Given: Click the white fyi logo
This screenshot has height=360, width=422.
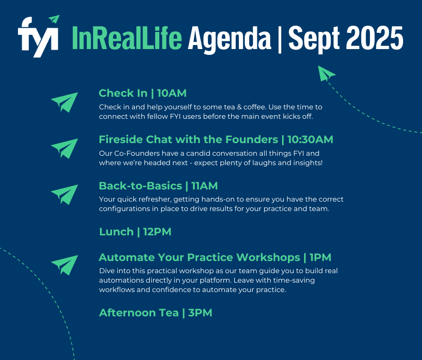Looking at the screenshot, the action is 38,36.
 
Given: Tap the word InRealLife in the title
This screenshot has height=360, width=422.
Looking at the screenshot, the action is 127,38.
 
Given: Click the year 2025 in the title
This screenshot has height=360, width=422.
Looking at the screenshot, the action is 374,38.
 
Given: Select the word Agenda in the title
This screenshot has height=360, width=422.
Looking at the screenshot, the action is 229,39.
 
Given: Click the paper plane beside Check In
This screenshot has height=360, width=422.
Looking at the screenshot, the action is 65,102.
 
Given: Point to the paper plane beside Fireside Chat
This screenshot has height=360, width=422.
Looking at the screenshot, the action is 65,148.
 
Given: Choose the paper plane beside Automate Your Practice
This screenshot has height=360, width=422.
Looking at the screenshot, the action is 65,265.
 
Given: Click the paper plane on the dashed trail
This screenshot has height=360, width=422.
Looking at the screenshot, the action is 327,73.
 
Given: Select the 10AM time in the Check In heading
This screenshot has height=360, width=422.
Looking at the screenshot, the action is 172,93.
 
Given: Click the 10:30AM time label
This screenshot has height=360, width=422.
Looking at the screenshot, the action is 310,139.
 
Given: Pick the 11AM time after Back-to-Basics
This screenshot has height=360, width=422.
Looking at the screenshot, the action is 205,186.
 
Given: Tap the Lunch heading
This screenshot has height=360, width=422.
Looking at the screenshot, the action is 116,232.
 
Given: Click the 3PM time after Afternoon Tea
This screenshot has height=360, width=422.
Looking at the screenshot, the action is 200,313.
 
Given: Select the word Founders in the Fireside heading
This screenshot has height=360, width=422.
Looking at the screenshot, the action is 251,139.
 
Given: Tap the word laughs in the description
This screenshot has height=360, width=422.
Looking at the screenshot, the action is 262,163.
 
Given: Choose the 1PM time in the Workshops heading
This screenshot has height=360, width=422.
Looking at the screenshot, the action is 320,257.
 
